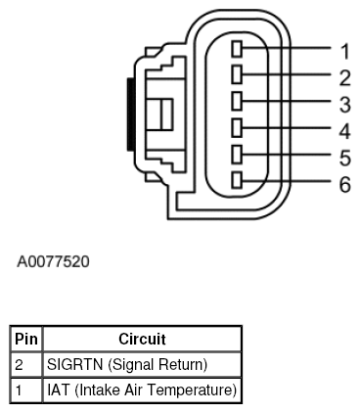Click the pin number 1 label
tap(345, 49)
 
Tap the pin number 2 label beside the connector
tap(345, 75)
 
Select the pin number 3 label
tap(345, 103)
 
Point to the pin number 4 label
tap(345, 129)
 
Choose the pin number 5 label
tap(345, 157)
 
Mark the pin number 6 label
tap(345, 183)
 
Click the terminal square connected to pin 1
tap(238, 48)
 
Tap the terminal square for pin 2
tap(238, 74)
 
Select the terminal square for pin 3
tap(238, 101)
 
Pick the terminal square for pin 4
tap(238, 127)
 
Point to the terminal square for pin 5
tap(238, 154)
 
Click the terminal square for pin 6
tap(238, 180)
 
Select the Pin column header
tap(26, 340)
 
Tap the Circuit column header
tap(142, 340)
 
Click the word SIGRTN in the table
tap(73, 365)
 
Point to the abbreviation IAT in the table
tap(59, 390)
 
